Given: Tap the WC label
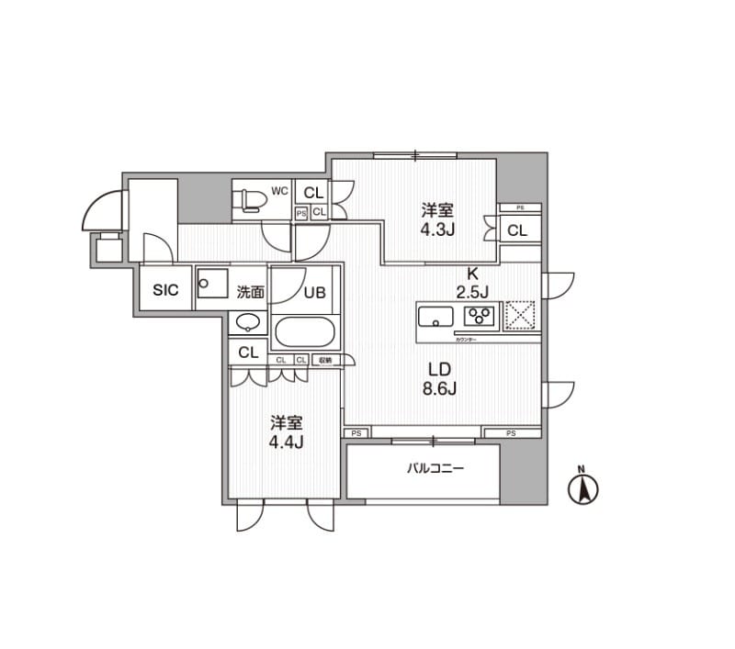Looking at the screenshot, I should (280, 192).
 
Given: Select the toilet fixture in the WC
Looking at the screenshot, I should (249, 199).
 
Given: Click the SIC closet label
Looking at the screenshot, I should (165, 290).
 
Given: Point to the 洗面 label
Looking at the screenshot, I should (250, 292).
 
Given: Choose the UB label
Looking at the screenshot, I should (313, 293).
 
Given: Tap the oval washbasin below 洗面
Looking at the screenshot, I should (248, 323).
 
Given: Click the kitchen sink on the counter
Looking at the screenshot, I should (435, 317).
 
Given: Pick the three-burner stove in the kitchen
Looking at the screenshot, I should (480, 317).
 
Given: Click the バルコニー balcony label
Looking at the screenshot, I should (436, 469).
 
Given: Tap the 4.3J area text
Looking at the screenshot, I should (438, 229).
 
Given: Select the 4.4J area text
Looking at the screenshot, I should (287, 442).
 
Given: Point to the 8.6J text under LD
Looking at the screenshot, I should (440, 387).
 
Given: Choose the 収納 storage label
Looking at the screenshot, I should (325, 360).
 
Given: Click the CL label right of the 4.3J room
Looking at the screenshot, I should (517, 230).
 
